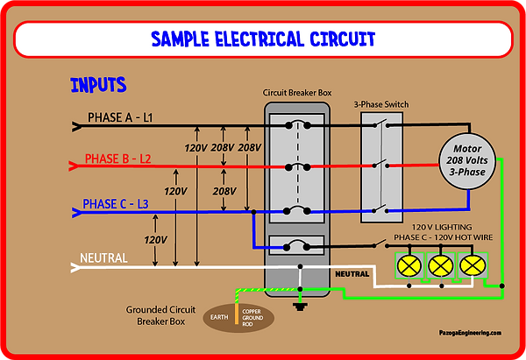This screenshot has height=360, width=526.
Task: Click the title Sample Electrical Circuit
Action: pyautogui.click(x=262, y=39)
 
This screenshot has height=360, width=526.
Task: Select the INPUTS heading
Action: pyautogui.click(x=98, y=86)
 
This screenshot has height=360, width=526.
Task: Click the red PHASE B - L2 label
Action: pyautogui.click(x=118, y=159)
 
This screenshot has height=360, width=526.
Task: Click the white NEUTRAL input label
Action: pyautogui.click(x=104, y=258)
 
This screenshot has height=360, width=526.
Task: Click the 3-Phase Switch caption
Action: pyautogui.click(x=381, y=104)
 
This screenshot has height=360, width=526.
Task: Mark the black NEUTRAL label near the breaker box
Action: pyautogui.click(x=352, y=274)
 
